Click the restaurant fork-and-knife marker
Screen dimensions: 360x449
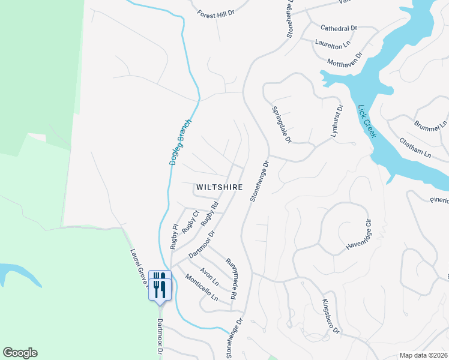coord(160,285)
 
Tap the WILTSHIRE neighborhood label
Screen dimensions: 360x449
coord(219,187)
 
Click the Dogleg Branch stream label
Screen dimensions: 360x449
coord(179,142)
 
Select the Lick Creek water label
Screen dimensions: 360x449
coord(366,122)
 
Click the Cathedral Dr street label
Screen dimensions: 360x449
coord(339,28)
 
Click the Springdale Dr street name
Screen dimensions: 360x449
coord(281,125)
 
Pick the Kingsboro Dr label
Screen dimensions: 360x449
coord(331,316)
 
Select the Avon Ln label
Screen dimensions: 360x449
coord(209,277)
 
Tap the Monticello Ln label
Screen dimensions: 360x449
coord(201,288)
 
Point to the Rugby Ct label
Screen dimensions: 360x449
coord(190,221)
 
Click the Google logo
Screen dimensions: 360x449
coord(20,353)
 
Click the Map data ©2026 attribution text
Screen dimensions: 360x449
coord(424,355)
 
